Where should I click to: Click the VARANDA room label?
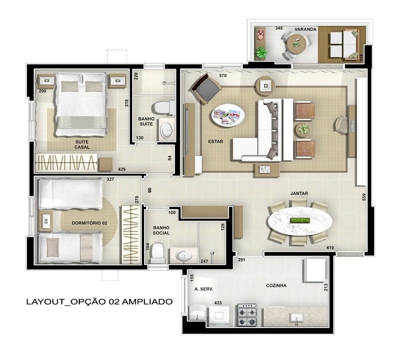coord(305,29)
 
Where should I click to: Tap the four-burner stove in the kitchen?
coord(247,315)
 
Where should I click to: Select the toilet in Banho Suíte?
coord(163,108)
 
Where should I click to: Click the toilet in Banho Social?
coord(157,253)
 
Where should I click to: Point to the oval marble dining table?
coord(300,221)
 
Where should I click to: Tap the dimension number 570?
coord(222,75)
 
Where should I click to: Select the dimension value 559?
coord(364,198)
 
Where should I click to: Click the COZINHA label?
coord(276,286)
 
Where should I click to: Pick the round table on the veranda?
coord(296,43)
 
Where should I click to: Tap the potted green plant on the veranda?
coord(261,53)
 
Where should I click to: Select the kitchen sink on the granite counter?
coord(296,318)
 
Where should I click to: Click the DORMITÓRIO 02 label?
coord(89,223)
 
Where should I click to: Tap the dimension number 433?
coord(218,303)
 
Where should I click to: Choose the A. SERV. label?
coord(203,289)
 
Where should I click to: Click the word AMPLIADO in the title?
coord(147,302)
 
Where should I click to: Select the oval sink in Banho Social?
coord(185,255)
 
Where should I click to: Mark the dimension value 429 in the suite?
coord(122,169)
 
